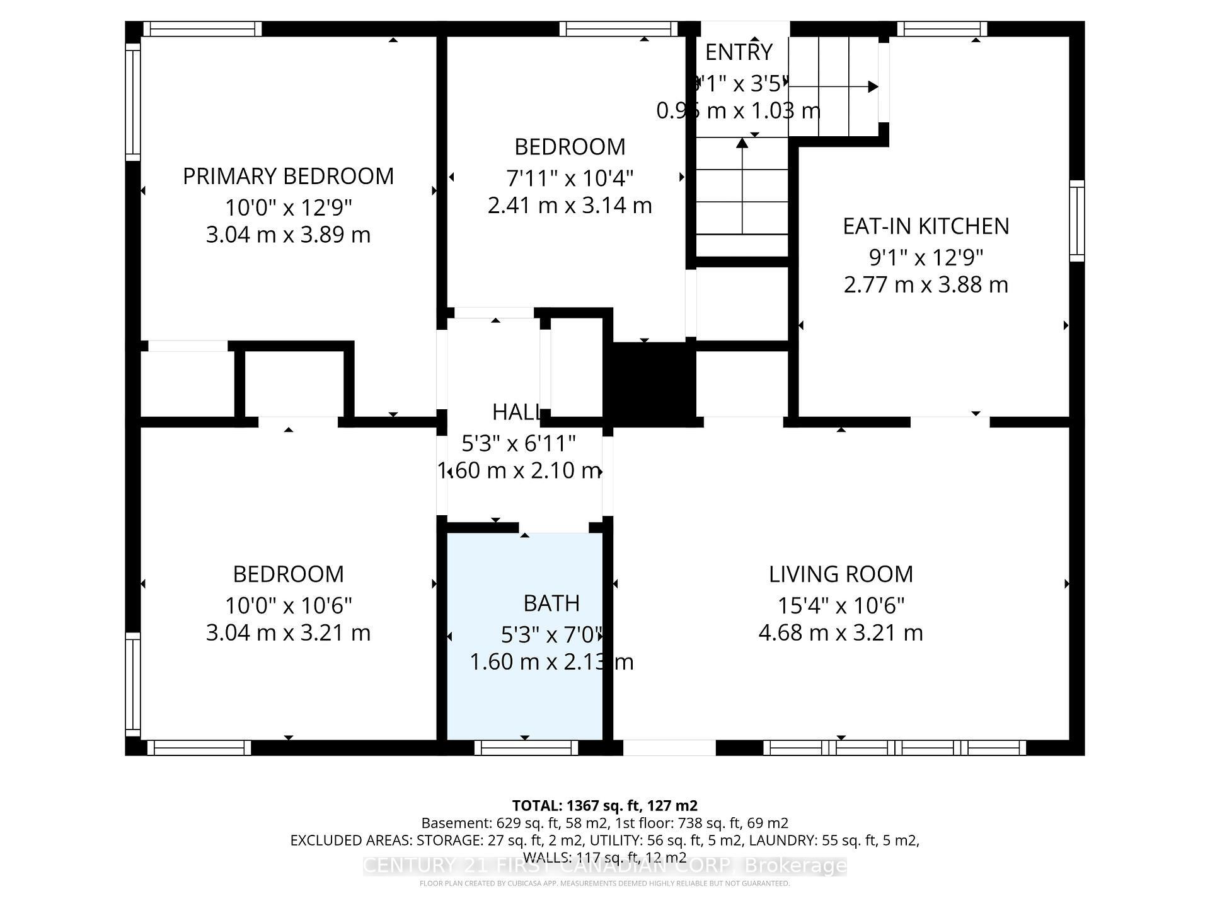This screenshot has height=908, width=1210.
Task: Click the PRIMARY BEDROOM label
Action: pos(288,176)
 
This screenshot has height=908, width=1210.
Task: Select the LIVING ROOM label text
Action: pos(841,574)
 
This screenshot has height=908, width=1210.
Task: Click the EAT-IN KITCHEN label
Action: pos(926,226)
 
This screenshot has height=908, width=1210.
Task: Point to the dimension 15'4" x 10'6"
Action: pos(841,605)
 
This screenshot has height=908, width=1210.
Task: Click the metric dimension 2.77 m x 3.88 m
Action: pos(926,284)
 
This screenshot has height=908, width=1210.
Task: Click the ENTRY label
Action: pos(739,52)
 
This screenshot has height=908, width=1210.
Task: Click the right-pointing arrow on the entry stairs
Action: pos(872,86)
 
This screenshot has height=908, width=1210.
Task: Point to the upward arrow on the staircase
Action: pos(742,144)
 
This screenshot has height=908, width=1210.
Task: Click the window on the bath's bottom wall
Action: pos(526,748)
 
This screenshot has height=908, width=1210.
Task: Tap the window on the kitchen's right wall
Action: pos(1077,221)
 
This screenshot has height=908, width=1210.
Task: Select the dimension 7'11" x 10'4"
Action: pos(570,178)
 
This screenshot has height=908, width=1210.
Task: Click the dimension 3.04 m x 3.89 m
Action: pos(288,235)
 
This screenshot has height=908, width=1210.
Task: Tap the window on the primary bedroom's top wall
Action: pos(202,29)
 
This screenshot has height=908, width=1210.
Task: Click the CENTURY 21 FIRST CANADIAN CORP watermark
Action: pos(605,866)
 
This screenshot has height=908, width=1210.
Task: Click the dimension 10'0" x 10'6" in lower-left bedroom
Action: pos(288,605)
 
